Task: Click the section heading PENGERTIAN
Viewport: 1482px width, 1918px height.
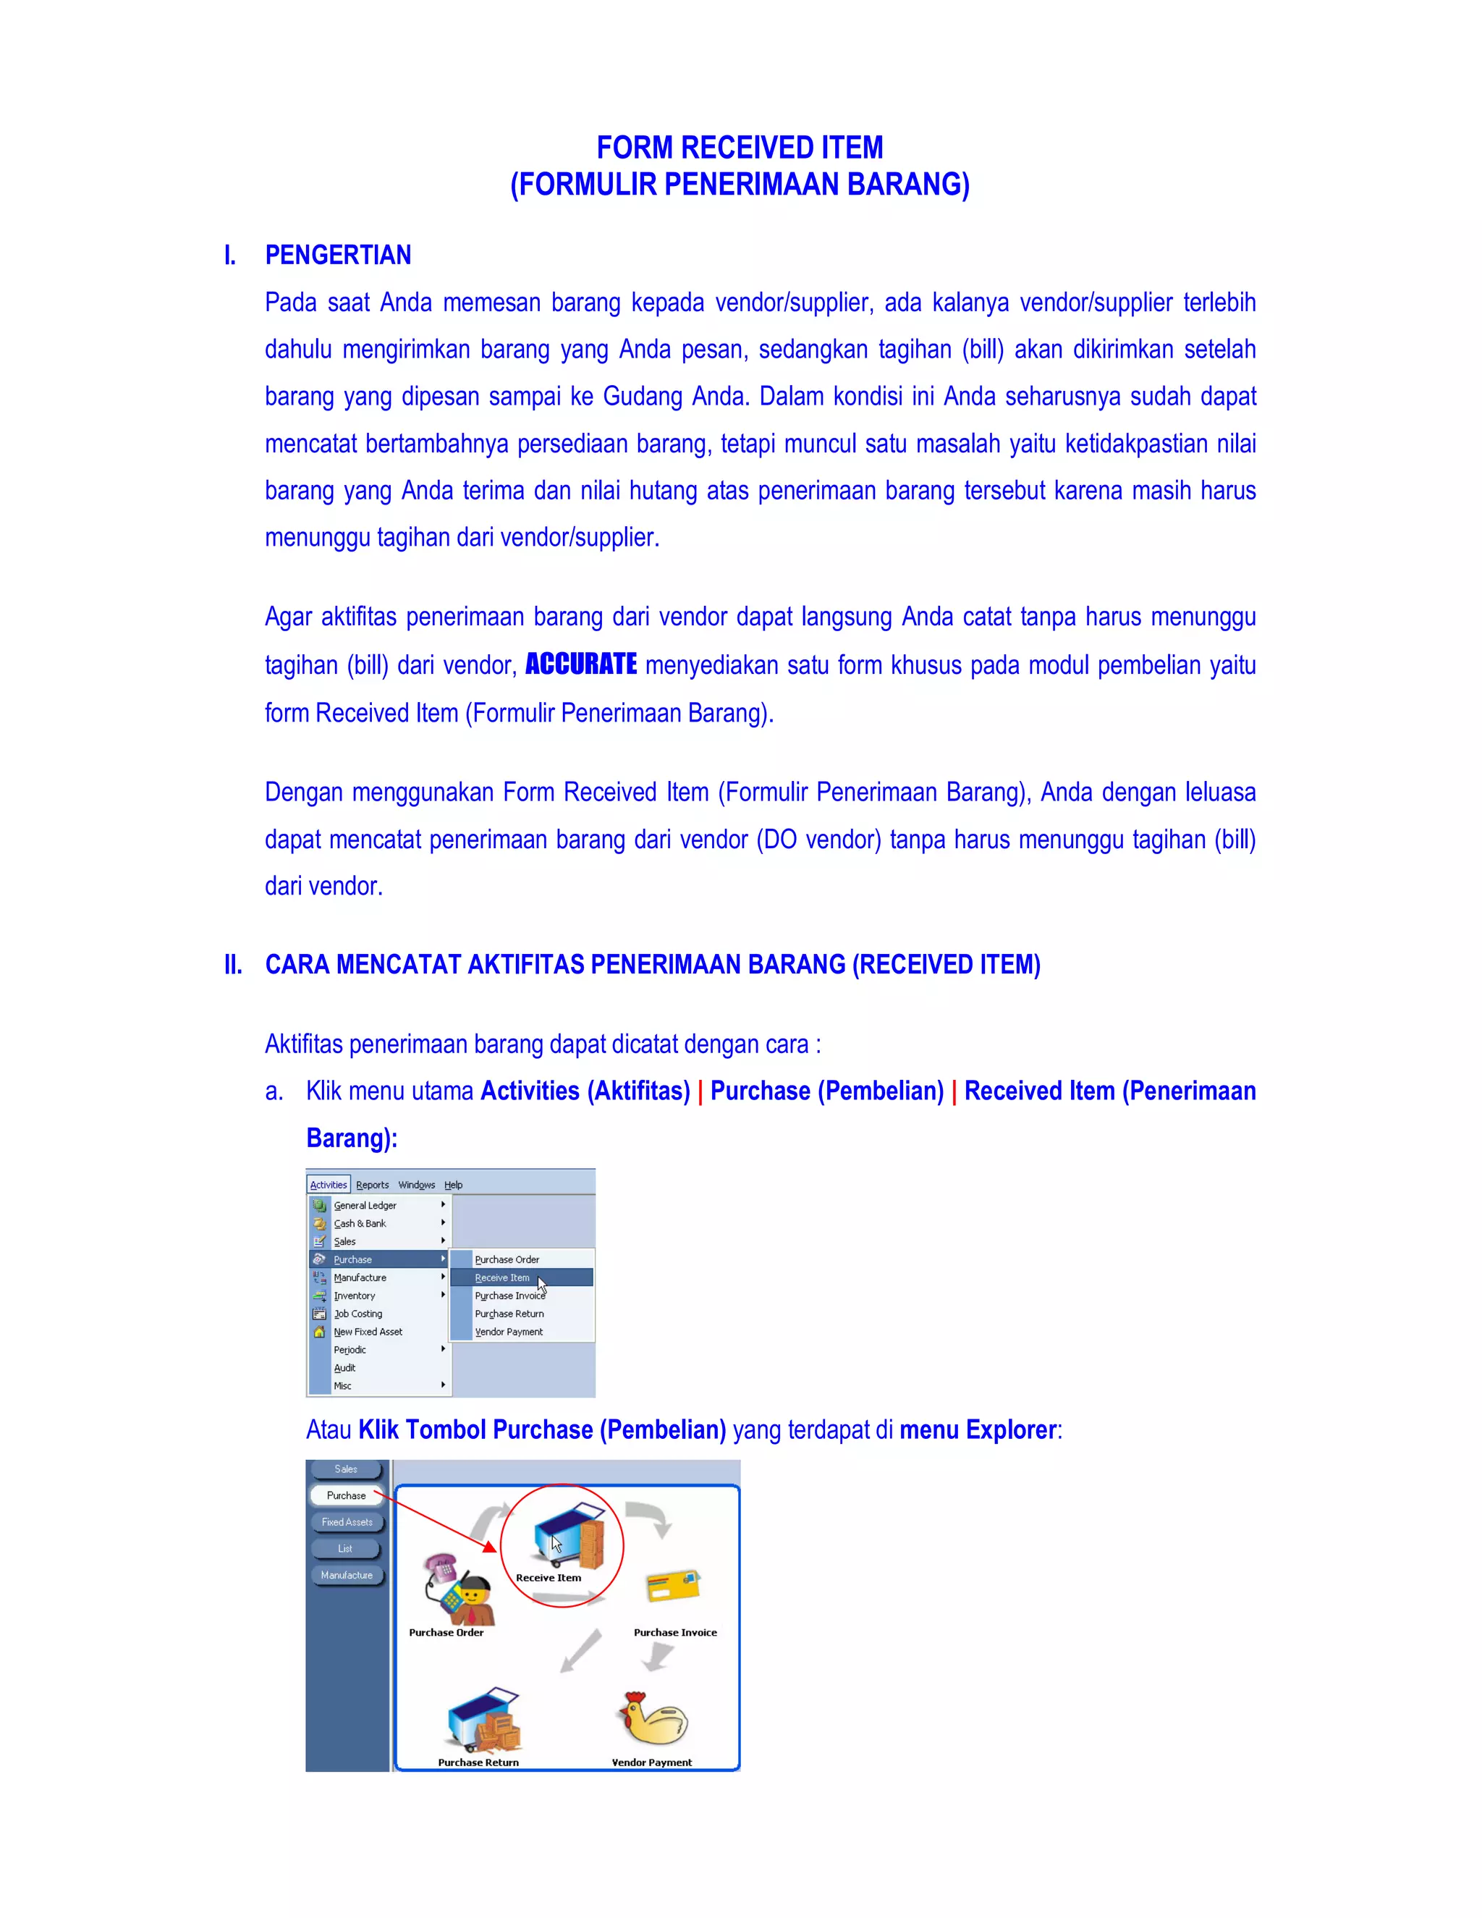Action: point(338,255)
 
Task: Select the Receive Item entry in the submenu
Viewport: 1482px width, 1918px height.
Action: point(502,1277)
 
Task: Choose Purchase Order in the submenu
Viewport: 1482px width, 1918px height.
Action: point(507,1259)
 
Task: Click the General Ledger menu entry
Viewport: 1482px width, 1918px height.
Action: point(365,1205)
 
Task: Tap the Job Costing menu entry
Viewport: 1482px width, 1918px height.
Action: point(357,1314)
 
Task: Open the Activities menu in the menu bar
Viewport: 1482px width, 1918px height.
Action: point(329,1185)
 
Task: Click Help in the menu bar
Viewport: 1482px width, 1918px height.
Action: point(453,1185)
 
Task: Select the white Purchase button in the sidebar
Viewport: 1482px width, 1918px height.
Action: point(346,1495)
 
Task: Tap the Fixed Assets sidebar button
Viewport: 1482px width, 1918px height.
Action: point(346,1522)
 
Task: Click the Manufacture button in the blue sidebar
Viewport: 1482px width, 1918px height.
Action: point(346,1575)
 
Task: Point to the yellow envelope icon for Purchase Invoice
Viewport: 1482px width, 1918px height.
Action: point(672,1586)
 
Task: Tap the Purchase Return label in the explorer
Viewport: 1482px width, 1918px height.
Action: point(478,1762)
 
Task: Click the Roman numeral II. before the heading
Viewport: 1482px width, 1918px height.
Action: point(233,964)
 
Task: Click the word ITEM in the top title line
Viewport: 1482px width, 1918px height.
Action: point(852,148)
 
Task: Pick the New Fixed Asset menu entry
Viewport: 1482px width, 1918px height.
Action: point(368,1331)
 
